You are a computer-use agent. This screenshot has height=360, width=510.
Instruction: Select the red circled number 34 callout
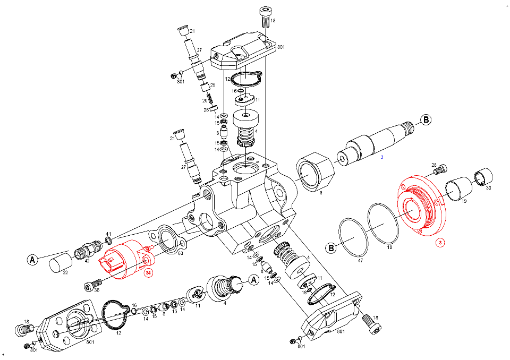tap(148, 273)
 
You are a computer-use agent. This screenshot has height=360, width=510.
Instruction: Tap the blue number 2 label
tap(382, 157)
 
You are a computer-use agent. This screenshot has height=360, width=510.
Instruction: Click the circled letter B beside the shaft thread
tap(426, 119)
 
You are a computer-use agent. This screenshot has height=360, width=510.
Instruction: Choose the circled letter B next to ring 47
tap(331, 248)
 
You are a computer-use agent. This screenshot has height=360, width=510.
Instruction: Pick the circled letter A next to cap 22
tap(32, 260)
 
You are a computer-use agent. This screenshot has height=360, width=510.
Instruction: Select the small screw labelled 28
tap(440, 169)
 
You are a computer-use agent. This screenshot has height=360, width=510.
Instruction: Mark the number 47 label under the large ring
tap(360, 261)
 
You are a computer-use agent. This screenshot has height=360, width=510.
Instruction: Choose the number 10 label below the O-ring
tap(389, 247)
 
